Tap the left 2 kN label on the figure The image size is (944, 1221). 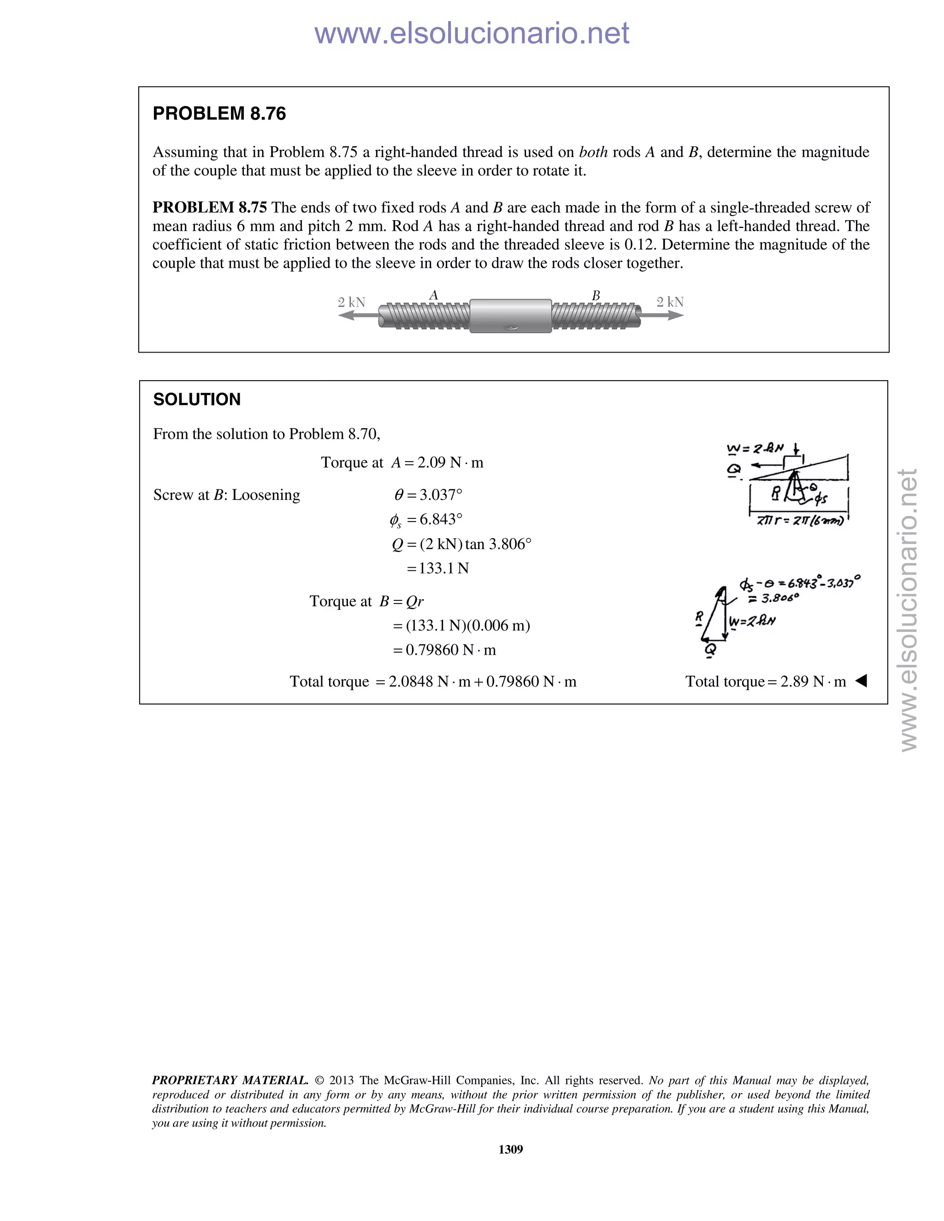(351, 302)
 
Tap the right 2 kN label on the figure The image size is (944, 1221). (670, 302)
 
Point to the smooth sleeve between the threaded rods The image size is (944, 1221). (510, 316)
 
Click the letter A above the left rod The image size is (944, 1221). (433, 295)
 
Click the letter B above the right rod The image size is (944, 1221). (596, 295)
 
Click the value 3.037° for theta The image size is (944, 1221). (441, 495)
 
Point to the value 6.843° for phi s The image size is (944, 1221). (441, 519)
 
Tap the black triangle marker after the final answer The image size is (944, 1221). (861, 681)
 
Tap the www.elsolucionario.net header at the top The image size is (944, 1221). (472, 34)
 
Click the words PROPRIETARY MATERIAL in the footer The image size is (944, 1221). (230, 1080)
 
